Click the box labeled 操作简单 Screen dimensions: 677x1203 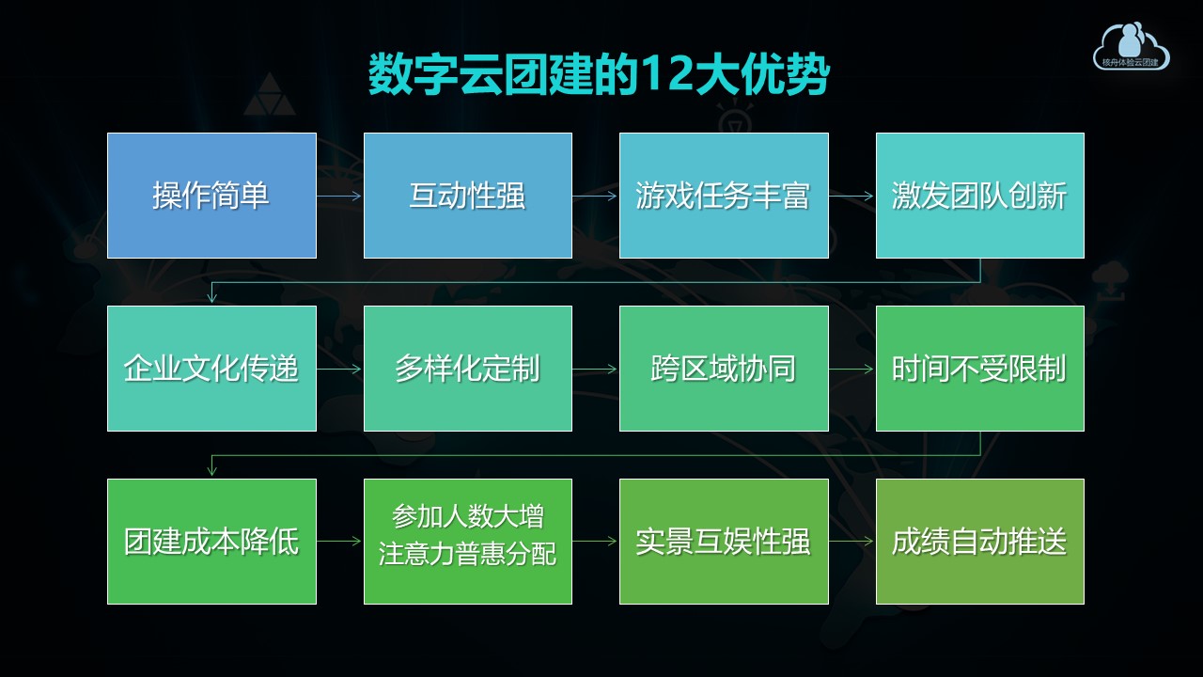(x=211, y=196)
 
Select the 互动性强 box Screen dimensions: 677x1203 (x=467, y=196)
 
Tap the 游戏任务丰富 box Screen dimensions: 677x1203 (x=724, y=196)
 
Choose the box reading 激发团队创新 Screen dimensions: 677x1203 (x=979, y=196)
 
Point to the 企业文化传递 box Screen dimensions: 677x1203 (x=211, y=369)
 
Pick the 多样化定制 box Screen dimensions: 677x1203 (x=467, y=369)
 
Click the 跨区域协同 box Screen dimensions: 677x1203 (x=724, y=369)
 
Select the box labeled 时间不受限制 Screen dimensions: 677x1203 (x=979, y=369)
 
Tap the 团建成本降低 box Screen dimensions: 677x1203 (x=211, y=542)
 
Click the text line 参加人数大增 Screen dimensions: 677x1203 (x=467, y=517)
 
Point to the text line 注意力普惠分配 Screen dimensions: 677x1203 (x=467, y=554)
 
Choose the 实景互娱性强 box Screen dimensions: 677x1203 (x=724, y=542)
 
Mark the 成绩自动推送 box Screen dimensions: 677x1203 (x=979, y=542)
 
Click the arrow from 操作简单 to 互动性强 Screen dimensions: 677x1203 (x=340, y=197)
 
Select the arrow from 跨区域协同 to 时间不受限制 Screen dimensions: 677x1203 (x=851, y=370)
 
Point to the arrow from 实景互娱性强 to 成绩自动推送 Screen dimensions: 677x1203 (x=851, y=542)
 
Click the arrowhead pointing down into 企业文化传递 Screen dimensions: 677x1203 (x=212, y=297)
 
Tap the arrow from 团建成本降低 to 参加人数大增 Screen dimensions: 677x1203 (x=340, y=542)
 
